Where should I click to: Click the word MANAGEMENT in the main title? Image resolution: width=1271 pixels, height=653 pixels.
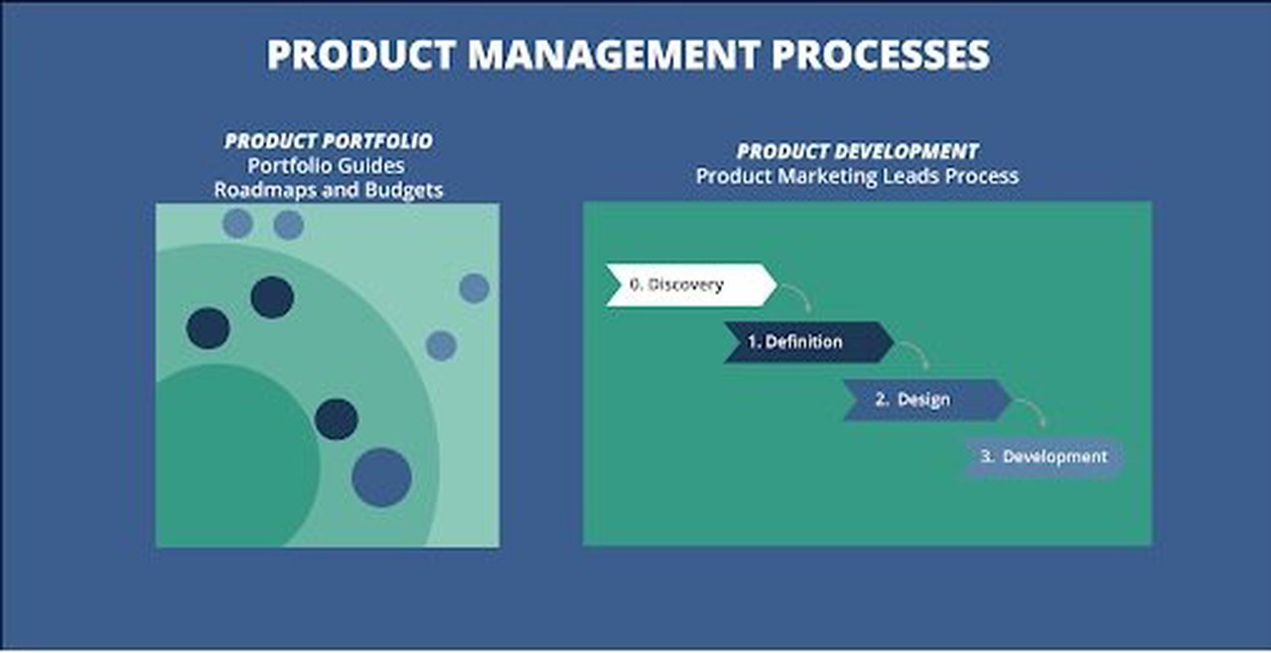[616, 55]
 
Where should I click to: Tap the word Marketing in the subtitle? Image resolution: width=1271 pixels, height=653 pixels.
[820, 176]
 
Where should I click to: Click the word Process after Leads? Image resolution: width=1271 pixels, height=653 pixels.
[984, 176]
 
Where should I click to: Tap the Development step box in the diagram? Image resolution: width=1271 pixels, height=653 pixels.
[1043, 457]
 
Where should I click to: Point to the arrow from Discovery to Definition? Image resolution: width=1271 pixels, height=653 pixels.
[796, 296]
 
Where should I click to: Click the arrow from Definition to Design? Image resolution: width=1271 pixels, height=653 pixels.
[916, 354]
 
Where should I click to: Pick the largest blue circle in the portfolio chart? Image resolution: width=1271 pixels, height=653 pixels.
[381, 477]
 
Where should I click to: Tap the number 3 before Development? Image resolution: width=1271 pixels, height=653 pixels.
[986, 457]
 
